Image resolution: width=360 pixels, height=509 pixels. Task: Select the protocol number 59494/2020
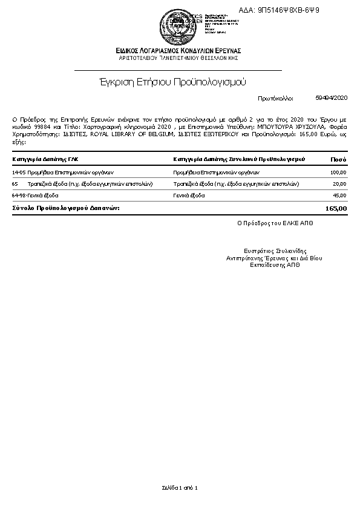point(332,97)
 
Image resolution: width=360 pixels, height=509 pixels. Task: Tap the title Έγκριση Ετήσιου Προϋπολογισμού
point(174,81)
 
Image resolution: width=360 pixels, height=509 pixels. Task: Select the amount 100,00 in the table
point(338,172)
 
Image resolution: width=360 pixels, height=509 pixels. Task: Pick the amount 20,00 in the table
point(339,183)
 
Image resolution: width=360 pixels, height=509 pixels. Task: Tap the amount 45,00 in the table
point(339,195)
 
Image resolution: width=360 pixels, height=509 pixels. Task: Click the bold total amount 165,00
point(336,208)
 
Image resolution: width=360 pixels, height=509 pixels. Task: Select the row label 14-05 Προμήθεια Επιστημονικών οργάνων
point(59,172)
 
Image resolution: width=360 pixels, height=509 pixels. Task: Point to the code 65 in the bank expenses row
point(15,183)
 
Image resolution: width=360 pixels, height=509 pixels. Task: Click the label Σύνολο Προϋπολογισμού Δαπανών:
point(66,208)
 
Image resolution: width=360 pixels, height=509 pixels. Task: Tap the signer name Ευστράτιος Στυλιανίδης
point(275,250)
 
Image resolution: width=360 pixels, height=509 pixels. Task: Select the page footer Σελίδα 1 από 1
point(180,487)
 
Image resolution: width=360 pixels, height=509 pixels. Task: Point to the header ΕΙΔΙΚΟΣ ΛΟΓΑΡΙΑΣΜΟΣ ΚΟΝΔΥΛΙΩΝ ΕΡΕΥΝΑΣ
point(180,50)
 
